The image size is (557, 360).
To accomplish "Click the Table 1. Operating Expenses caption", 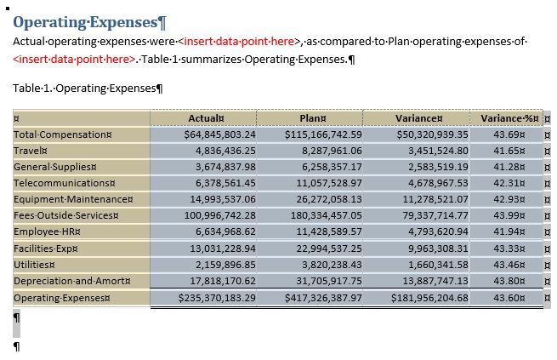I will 89,88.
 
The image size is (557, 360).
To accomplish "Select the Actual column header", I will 206,118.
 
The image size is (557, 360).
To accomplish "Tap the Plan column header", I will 312,118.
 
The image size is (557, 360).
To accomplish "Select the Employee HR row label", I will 46,232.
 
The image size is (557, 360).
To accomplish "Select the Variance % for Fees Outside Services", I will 510,216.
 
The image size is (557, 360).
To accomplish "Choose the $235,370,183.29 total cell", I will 217,298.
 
